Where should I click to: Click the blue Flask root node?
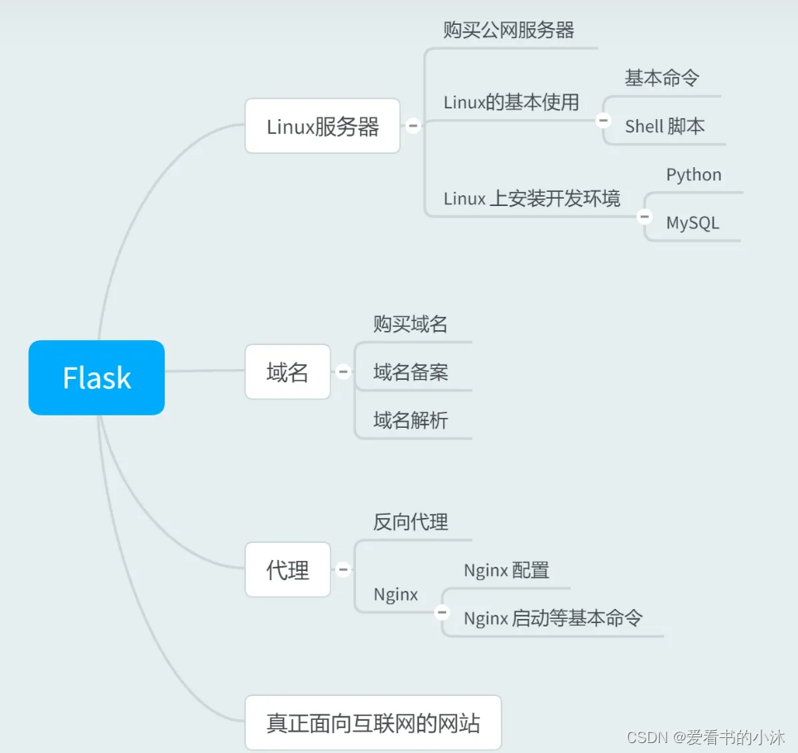[97, 377]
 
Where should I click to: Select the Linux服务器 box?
[322, 126]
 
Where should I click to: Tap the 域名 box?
[287, 372]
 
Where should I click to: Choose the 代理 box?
[287, 569]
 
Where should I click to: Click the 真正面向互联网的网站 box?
[373, 722]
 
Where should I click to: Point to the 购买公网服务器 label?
[508, 31]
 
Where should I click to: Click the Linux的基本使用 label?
[511, 103]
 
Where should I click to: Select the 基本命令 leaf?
[661, 78]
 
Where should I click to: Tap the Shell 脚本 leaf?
[665, 126]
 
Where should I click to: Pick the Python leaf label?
[694, 175]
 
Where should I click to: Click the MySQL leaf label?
[692, 223]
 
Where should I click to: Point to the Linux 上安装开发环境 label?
[531, 199]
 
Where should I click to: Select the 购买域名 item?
[410, 324]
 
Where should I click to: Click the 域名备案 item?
[410, 372]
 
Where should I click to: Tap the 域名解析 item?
[410, 420]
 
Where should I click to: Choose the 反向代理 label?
[410, 522]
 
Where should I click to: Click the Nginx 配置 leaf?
[506, 570]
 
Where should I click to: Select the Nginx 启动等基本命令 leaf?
[552, 618]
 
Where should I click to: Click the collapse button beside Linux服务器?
[412, 126]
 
